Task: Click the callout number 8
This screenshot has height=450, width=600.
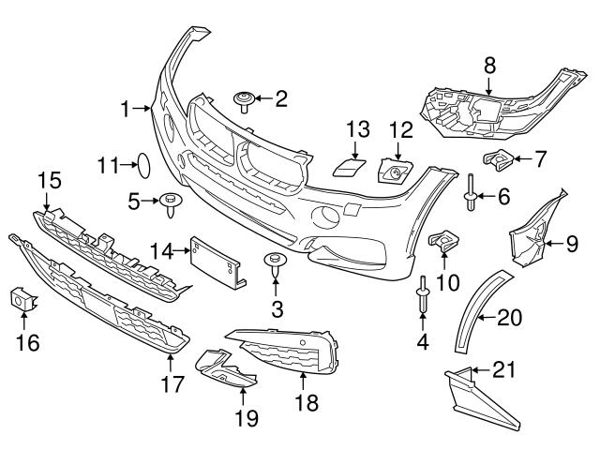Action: tap(487, 66)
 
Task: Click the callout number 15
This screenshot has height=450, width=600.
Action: tap(45, 177)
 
